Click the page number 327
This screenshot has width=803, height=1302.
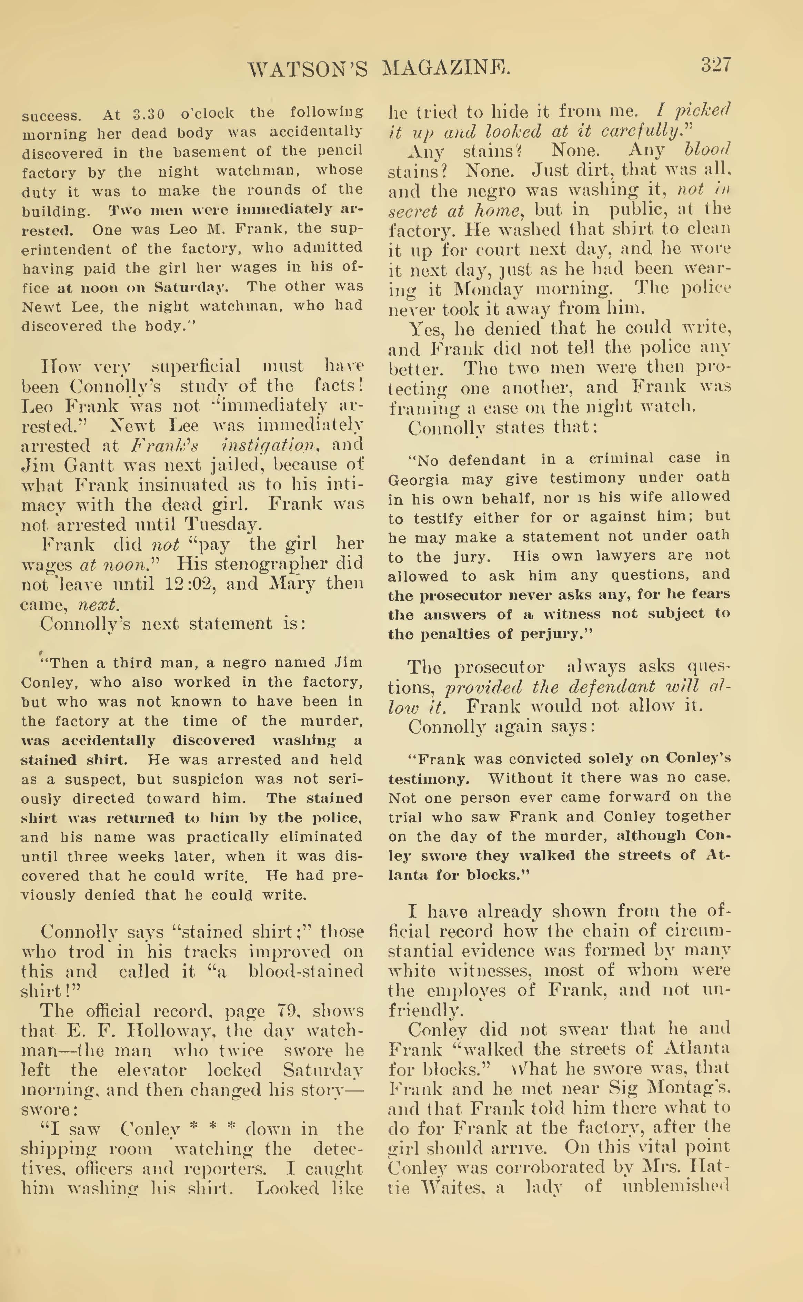(715, 65)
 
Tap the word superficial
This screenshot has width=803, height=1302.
(196, 367)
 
